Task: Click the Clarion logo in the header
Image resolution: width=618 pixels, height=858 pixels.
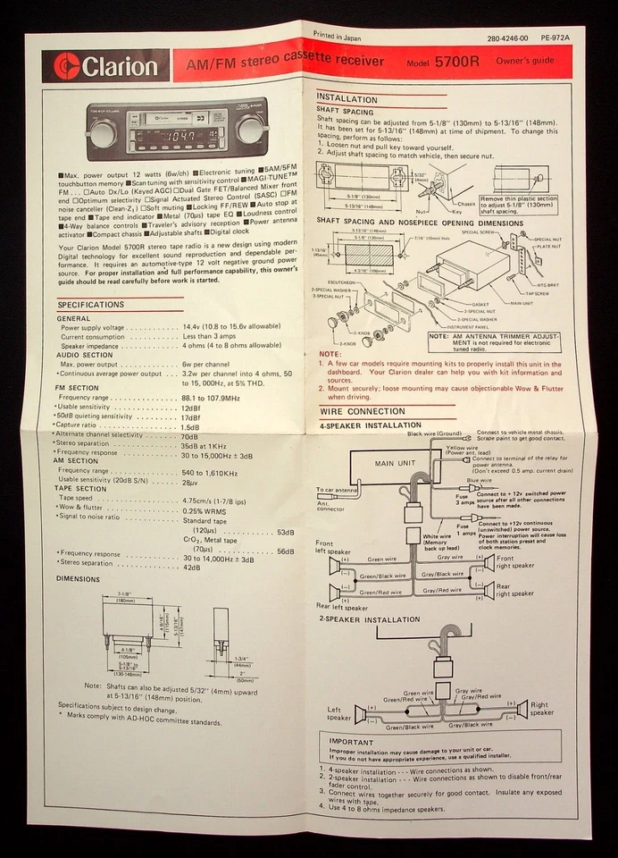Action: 105,66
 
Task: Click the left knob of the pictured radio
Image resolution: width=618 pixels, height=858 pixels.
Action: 102,134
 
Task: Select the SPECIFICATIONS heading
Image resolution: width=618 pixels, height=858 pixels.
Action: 91,305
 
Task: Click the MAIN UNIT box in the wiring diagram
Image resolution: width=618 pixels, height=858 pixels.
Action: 396,464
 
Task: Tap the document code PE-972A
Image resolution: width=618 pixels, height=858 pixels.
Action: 555,39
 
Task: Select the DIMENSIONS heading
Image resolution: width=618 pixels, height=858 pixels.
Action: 78,578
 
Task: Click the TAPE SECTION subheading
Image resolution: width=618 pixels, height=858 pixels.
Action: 81,489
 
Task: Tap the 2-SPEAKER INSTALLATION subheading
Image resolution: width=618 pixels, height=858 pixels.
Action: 369,619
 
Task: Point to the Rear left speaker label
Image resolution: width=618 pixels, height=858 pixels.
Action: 341,607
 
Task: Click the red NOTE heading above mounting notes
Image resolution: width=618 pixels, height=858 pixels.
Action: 330,355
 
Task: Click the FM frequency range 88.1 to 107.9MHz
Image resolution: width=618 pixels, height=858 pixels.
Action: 211,398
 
